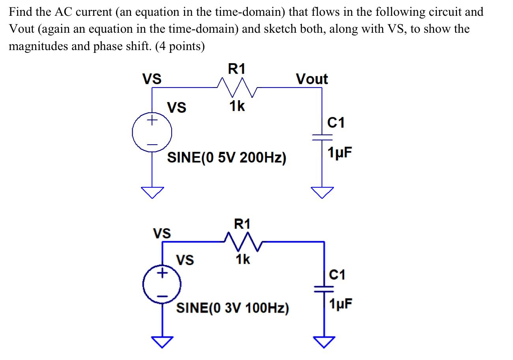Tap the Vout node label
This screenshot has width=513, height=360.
pyautogui.click(x=312, y=79)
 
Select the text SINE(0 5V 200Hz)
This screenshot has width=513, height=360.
pyautogui.click(x=227, y=158)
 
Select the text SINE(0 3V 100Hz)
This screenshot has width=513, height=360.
pyautogui.click(x=232, y=308)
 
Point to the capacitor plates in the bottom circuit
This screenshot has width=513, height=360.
pyautogui.click(x=324, y=287)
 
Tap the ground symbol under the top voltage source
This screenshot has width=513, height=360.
pyautogui.click(x=152, y=192)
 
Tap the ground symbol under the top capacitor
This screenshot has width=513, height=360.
pyautogui.click(x=322, y=192)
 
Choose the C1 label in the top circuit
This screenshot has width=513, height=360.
pyautogui.click(x=336, y=123)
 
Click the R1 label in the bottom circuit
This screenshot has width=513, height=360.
pyautogui.click(x=242, y=224)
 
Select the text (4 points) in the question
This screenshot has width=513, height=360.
pyautogui.click(x=180, y=47)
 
